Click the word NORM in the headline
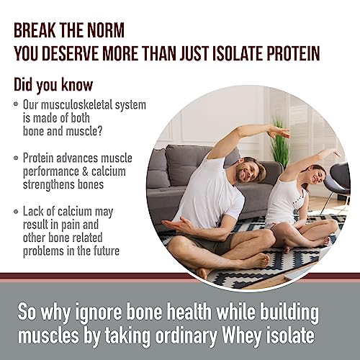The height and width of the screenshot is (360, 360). [x=106, y=30]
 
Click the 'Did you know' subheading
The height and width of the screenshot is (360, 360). [x=53, y=85]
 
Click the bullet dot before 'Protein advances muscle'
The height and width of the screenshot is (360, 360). [x=16, y=158]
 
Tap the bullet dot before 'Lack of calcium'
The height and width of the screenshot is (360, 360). [x=16, y=212]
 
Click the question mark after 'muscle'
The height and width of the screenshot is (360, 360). [x=99, y=131]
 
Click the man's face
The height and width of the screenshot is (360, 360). [x=248, y=171]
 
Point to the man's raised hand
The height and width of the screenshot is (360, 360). [x=279, y=131]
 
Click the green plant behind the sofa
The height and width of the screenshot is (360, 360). [x=279, y=144]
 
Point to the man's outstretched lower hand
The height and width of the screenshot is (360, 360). [x=176, y=225]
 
